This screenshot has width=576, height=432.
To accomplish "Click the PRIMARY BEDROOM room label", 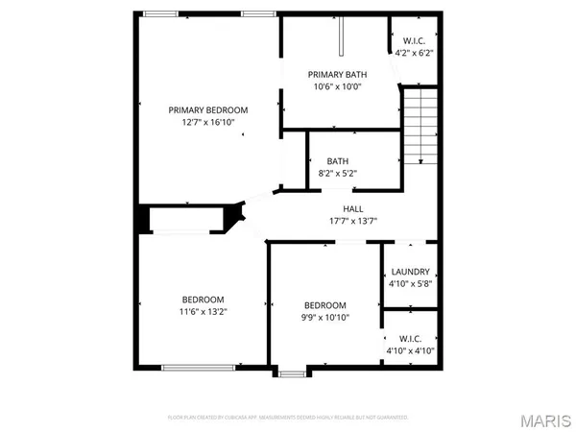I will click(208, 109).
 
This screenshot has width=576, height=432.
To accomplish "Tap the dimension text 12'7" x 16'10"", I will click(208, 123).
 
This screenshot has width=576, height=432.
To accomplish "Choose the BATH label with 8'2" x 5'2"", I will click(337, 161).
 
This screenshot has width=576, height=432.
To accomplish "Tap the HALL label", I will click(353, 208).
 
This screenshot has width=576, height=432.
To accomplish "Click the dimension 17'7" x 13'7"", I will click(353, 221).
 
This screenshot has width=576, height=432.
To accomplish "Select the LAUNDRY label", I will click(410, 272).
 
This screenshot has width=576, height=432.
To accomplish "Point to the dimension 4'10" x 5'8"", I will click(410, 284).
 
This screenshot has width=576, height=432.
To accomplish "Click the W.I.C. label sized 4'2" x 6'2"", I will click(414, 40).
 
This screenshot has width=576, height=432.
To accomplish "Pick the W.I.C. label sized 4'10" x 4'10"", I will click(410, 339).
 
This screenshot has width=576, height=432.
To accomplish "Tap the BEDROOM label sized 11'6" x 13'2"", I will click(204, 299).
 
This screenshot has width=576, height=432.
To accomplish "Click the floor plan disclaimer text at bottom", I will click(288, 418).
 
